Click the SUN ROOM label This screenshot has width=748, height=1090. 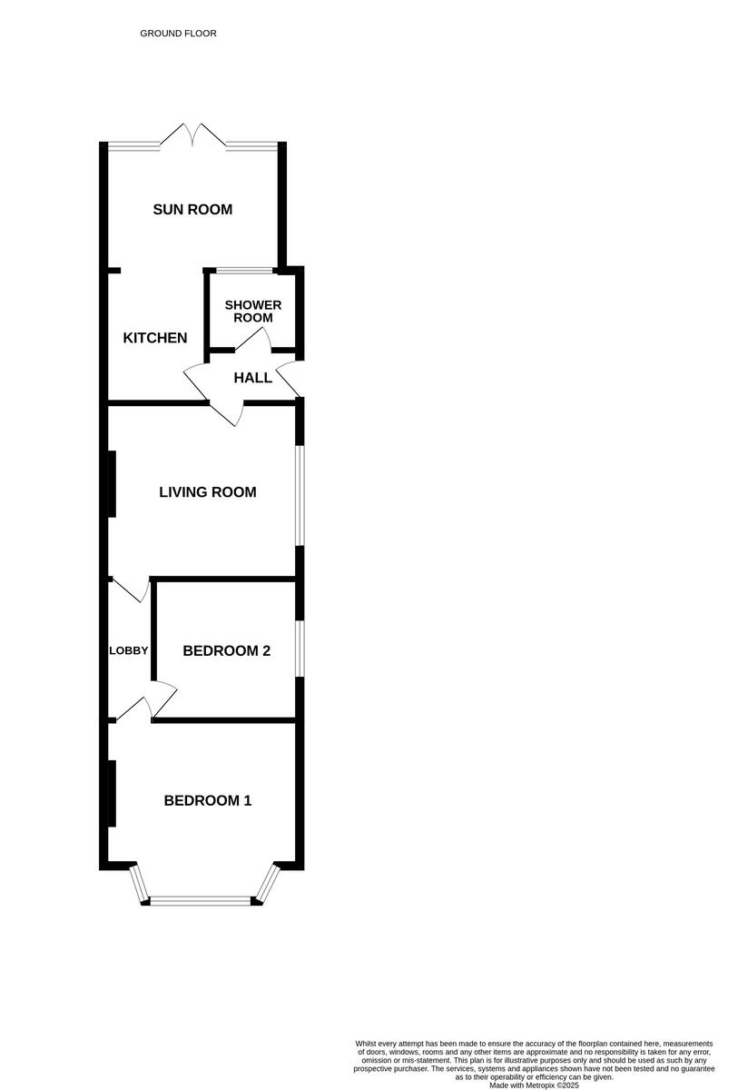192,210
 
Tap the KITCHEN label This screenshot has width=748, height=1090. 155,338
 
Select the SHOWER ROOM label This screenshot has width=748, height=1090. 253,312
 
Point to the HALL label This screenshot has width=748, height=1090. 252,378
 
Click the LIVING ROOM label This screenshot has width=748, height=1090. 207,492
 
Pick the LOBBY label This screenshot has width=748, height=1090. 129,650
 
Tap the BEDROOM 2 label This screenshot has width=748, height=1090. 226,650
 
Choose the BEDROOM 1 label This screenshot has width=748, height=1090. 207,800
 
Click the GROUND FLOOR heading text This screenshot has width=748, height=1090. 178,34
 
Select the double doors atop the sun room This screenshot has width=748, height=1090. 192,135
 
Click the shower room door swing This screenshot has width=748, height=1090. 254,342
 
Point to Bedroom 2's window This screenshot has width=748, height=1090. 300,649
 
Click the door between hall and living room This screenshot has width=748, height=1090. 226,413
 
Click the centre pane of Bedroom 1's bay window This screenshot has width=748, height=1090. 200,900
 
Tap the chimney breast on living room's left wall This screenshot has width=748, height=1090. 112,483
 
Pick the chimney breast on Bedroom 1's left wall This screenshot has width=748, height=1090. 112,793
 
